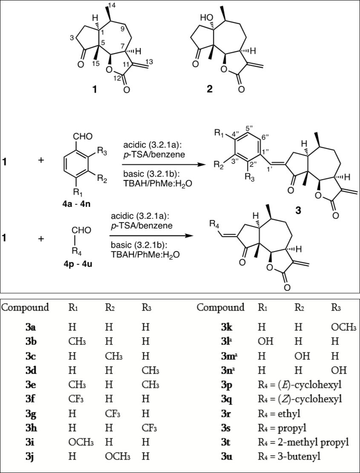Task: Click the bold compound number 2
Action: [x=212, y=90]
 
